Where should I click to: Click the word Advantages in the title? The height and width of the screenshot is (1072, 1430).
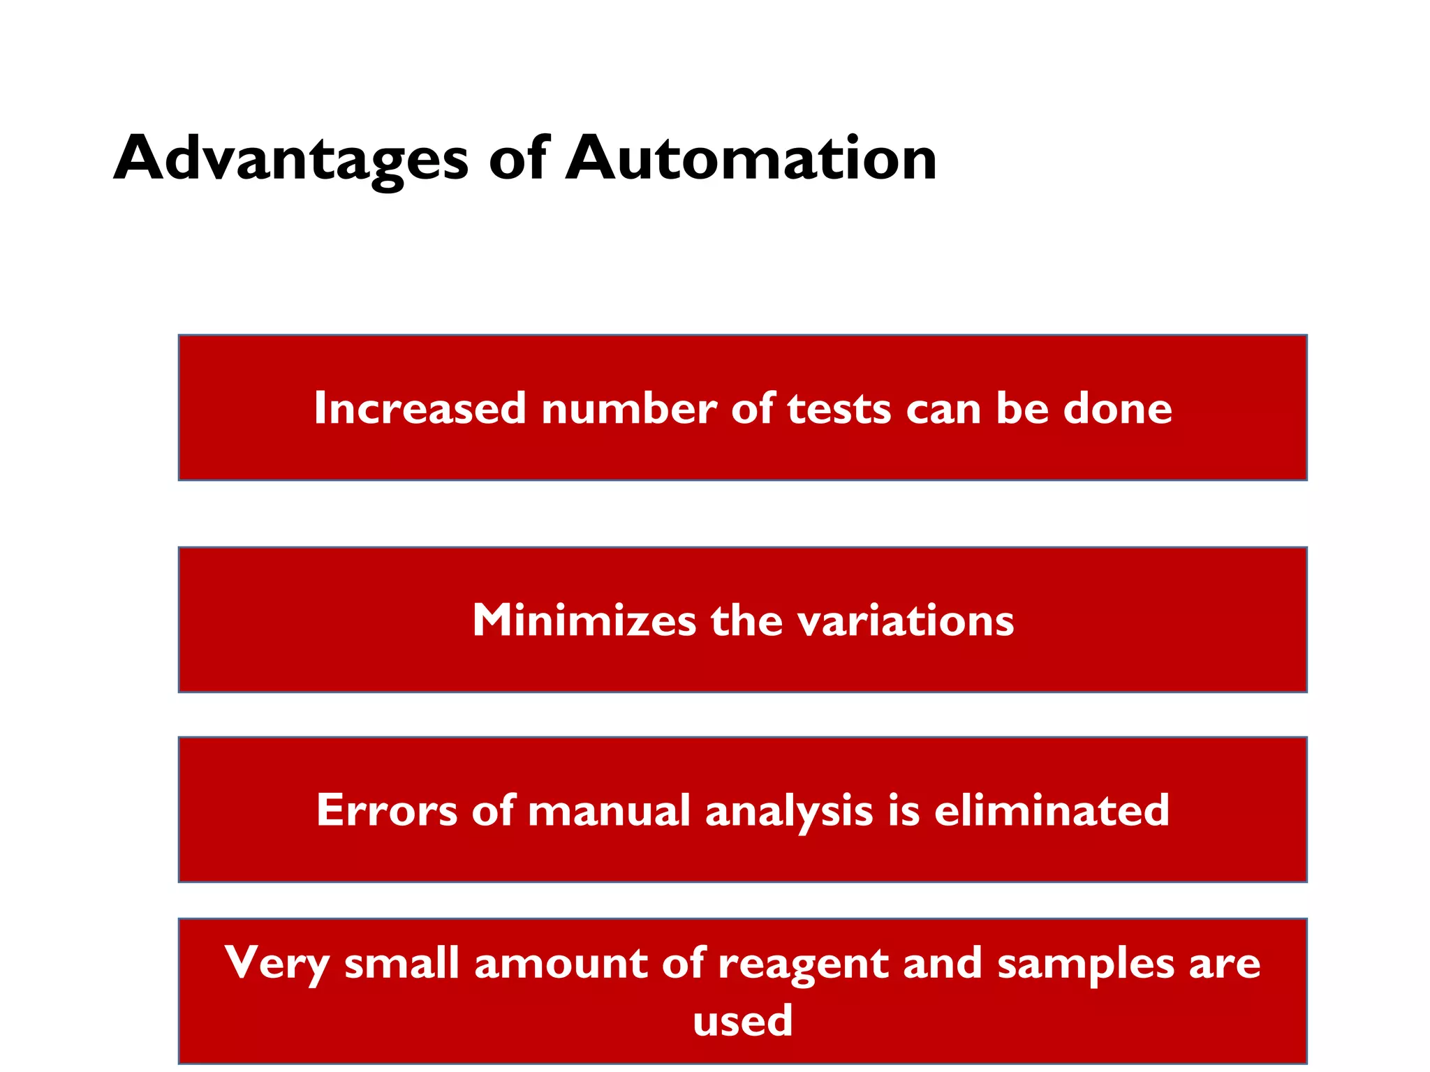pos(290,159)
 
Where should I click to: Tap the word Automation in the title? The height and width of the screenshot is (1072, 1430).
pos(751,159)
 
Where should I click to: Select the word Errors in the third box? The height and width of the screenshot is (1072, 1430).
pos(387,810)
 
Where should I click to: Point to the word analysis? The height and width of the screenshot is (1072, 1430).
pos(789,812)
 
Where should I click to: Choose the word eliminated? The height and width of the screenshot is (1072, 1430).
pos(1052,810)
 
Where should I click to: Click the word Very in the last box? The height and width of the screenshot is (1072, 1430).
pos(277,964)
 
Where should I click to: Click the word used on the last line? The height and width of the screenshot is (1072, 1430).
pos(742,1020)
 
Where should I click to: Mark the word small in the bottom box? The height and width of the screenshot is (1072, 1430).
pos(401,964)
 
